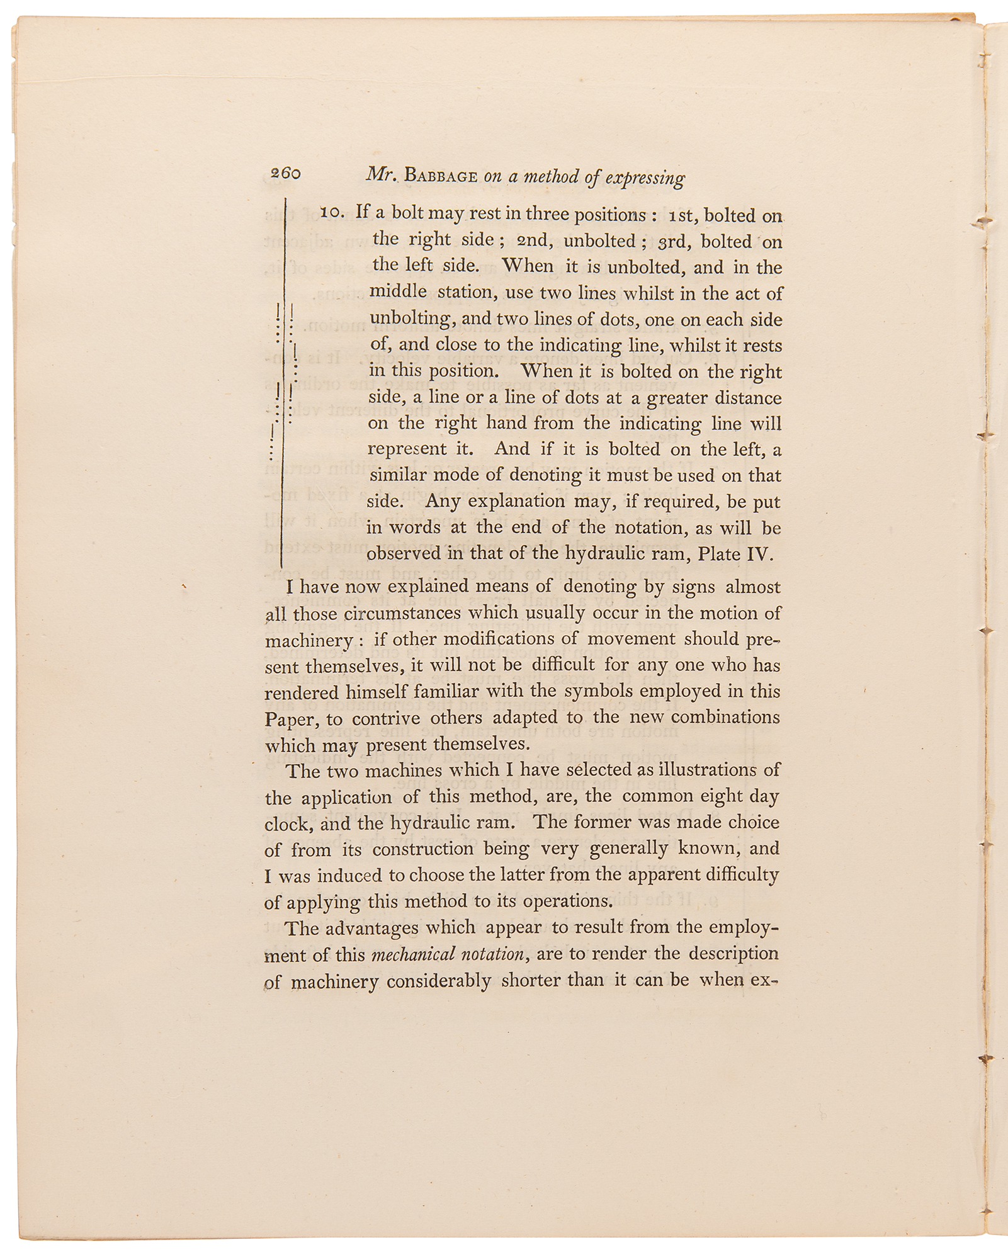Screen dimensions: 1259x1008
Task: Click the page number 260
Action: pyautogui.click(x=285, y=173)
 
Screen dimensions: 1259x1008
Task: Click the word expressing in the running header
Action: pyautogui.click(x=645, y=178)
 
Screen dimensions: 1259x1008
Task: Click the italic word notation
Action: pyautogui.click(x=492, y=954)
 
